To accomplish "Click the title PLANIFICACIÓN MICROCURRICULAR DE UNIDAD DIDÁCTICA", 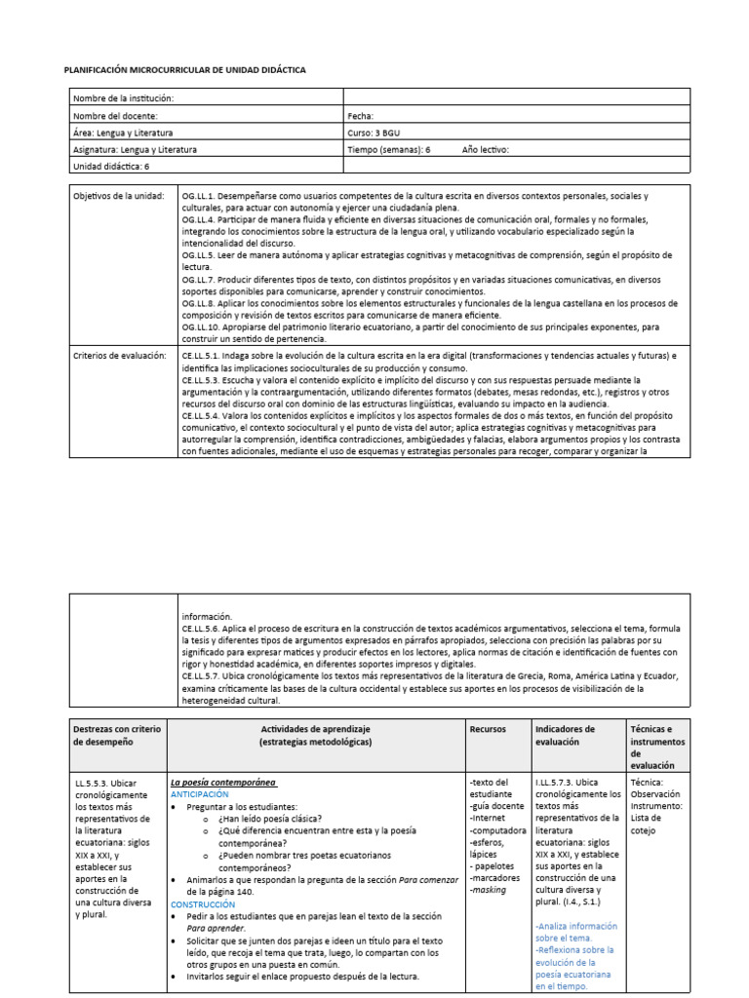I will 184,71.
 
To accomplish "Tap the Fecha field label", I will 361,115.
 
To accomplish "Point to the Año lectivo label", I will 485,150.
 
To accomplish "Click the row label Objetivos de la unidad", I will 119,197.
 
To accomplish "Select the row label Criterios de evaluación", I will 120,357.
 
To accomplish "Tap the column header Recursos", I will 488,729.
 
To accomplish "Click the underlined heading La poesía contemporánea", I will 223,782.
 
